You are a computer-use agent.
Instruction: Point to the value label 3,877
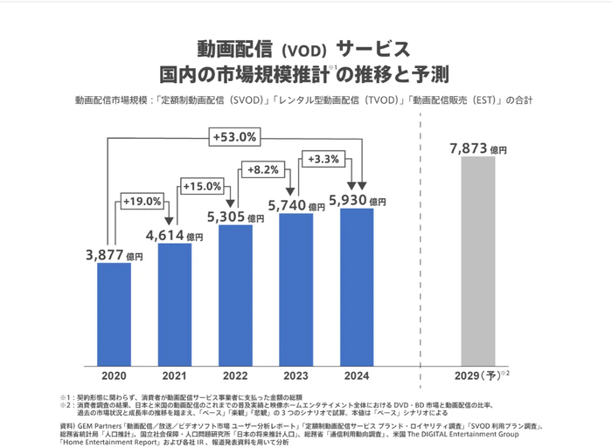click(x=106, y=255)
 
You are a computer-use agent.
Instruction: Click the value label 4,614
click(x=166, y=235)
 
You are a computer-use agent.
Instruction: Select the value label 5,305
click(x=226, y=217)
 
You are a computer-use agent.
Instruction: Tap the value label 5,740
click(x=287, y=204)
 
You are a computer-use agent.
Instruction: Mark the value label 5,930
click(x=347, y=200)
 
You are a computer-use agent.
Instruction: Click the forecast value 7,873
click(x=469, y=148)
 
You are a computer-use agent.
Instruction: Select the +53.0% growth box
click(x=233, y=136)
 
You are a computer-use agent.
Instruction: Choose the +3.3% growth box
click(x=323, y=158)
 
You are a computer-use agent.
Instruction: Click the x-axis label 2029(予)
click(x=481, y=375)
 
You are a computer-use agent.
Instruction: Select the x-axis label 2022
click(x=235, y=375)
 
